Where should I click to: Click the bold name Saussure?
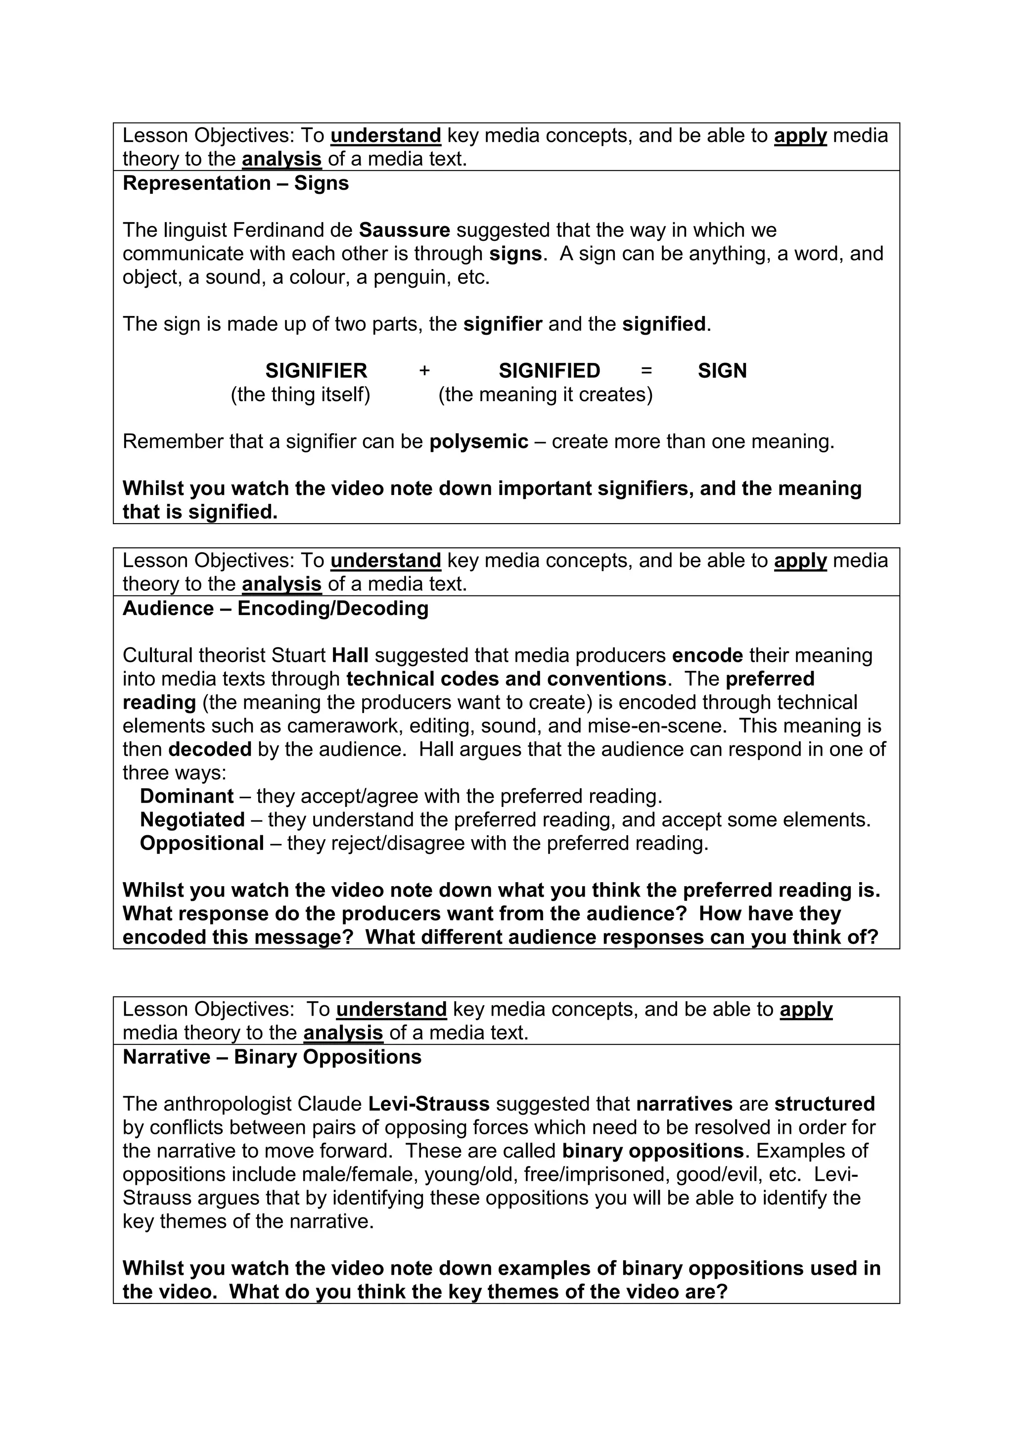coord(404,230)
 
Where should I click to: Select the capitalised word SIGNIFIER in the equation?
coord(316,370)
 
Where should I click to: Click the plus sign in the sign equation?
coord(424,370)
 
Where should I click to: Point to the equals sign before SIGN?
coord(646,370)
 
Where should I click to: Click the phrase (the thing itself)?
coord(301,394)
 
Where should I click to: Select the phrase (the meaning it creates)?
coord(545,394)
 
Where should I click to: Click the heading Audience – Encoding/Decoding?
coord(275,608)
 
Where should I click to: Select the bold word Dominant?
coord(186,797)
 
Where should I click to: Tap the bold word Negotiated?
coord(192,819)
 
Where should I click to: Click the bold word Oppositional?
coord(201,843)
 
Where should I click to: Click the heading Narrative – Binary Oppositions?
coord(272,1057)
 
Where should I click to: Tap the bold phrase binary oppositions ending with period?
coord(652,1151)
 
